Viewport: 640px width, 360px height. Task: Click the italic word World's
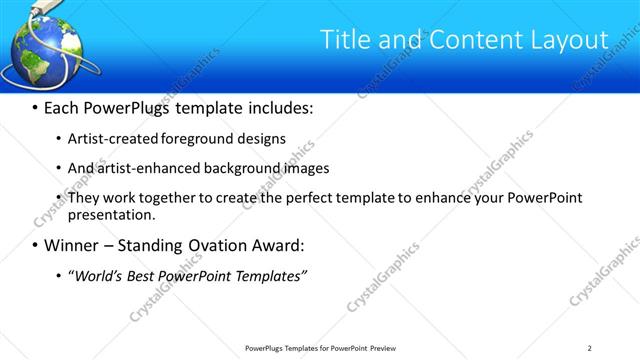pyautogui.click(x=95, y=275)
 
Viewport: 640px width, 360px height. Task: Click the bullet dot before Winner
pyautogui.click(x=35, y=246)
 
